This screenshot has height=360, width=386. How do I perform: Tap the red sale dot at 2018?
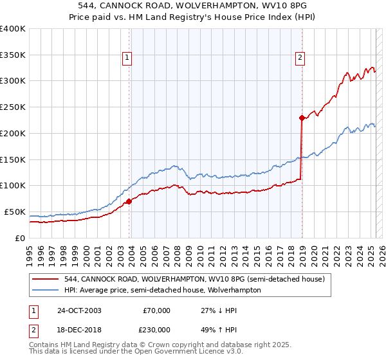coord(301,118)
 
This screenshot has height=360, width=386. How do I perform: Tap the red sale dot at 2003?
coord(129,201)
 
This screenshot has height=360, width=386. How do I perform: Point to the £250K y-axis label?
coord(13,107)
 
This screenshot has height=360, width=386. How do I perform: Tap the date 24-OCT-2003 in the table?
coord(78,310)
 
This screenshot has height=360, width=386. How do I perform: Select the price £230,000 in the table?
coord(156,329)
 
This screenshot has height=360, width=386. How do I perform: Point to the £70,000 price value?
coord(156,310)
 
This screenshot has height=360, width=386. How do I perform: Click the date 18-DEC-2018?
coord(78,329)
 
